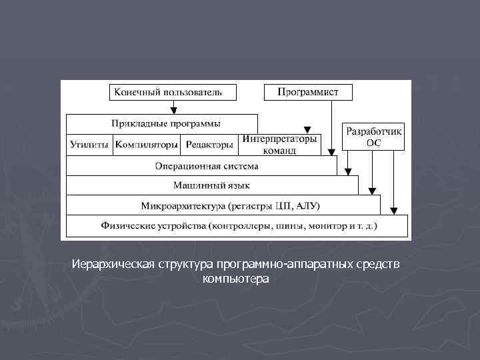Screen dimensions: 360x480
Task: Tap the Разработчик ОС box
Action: (x=373, y=137)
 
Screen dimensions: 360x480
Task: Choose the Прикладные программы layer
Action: (x=161, y=124)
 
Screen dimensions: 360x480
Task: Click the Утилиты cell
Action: (x=89, y=144)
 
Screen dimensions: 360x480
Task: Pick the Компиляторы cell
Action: (x=146, y=144)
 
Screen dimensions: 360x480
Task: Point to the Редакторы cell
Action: (x=209, y=144)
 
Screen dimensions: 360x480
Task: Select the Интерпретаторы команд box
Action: (x=280, y=145)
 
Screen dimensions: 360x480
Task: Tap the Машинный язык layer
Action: (x=211, y=185)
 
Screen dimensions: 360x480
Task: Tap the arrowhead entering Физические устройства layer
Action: (x=394, y=211)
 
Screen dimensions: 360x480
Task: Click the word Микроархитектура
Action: (x=181, y=205)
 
